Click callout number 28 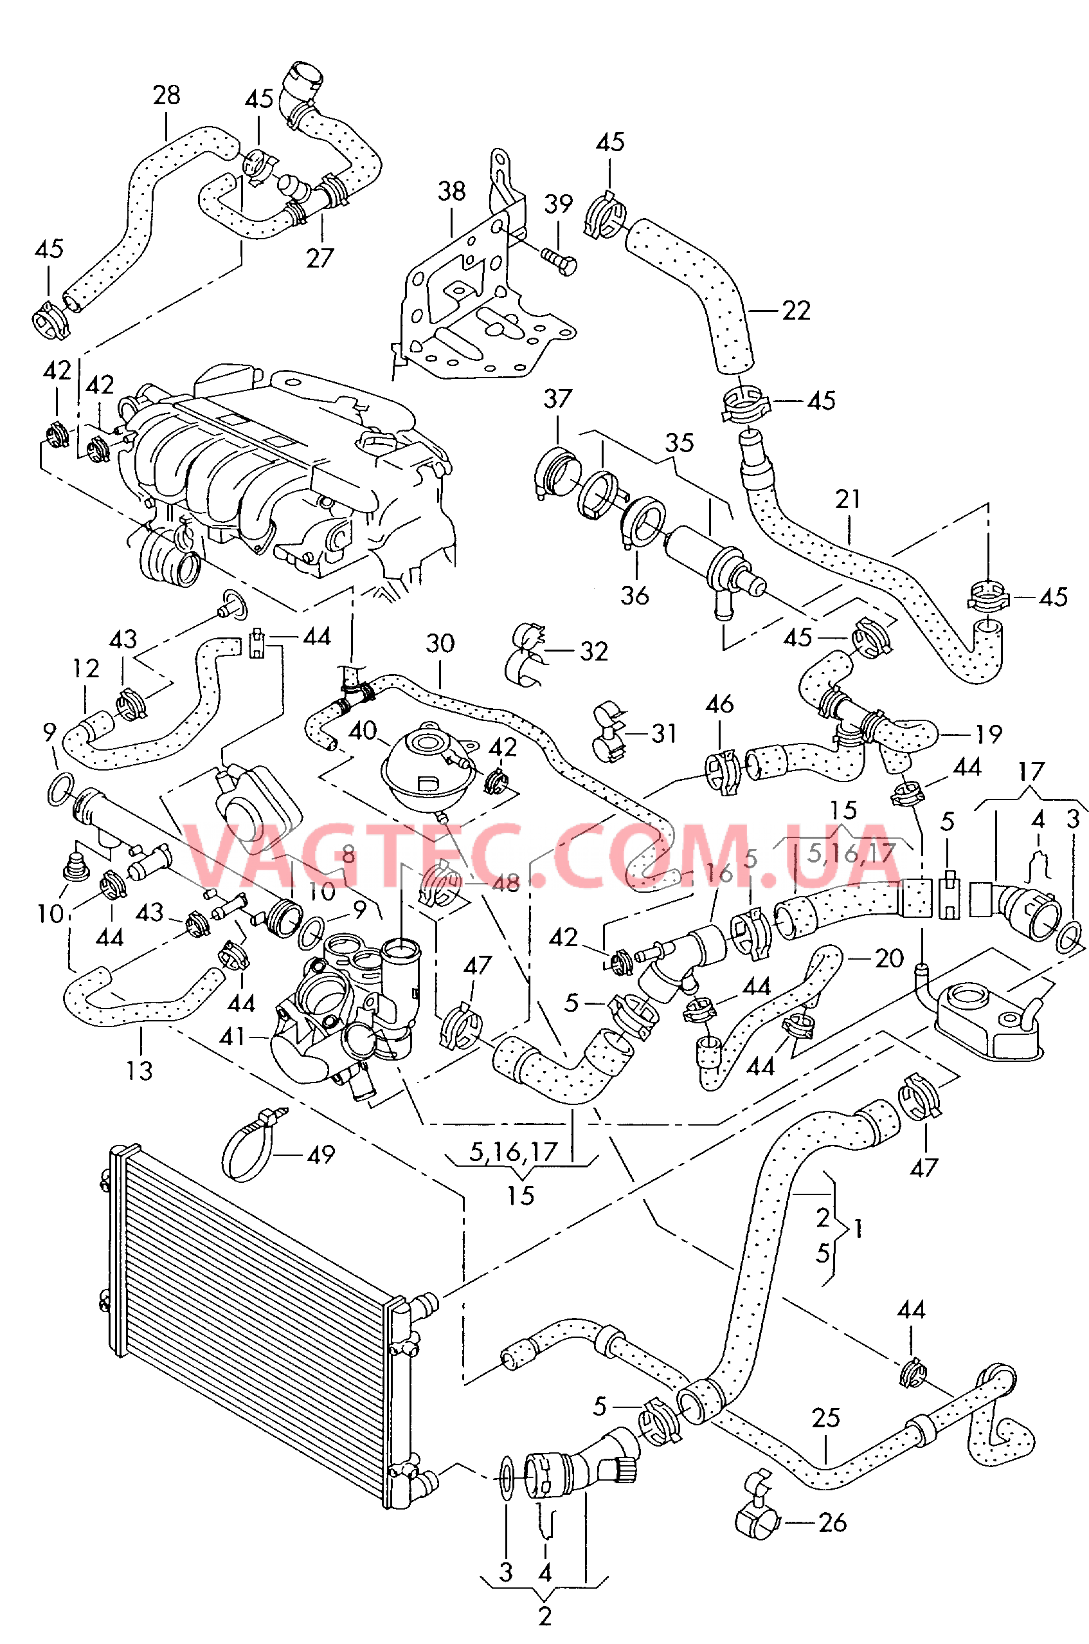(166, 95)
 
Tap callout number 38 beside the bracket (451, 191)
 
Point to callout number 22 (796, 311)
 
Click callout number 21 (848, 499)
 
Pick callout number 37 (558, 399)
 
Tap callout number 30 (440, 643)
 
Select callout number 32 (594, 651)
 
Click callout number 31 (664, 733)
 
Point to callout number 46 (719, 704)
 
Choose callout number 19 (989, 734)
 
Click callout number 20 (889, 958)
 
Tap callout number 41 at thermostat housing (232, 1037)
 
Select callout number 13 (139, 1071)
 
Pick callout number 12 (86, 668)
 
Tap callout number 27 (320, 259)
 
